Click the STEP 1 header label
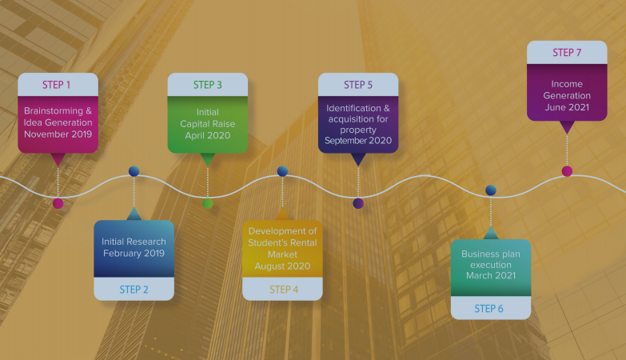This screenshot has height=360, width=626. pyautogui.click(x=56, y=85)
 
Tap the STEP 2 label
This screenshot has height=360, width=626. pyautogui.click(x=134, y=290)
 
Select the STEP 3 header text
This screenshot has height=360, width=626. pyautogui.click(x=208, y=85)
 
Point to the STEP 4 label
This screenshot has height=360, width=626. pyautogui.click(x=284, y=290)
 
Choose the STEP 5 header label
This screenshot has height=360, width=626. pyautogui.click(x=358, y=85)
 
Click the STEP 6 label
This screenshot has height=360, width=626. pyautogui.click(x=488, y=309)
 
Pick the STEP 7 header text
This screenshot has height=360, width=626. pyautogui.click(x=567, y=52)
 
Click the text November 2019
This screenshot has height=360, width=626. pyautogui.click(x=58, y=134)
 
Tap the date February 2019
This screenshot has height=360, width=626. pyautogui.click(x=134, y=254)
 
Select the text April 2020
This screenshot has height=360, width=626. pyautogui.click(x=208, y=135)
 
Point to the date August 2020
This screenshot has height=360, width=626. pyautogui.click(x=283, y=266)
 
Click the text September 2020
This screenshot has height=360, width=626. pyautogui.click(x=358, y=141)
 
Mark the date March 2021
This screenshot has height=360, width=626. pyautogui.click(x=491, y=276)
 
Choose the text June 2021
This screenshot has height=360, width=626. pyautogui.click(x=567, y=107)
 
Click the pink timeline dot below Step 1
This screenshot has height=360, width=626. pyautogui.click(x=58, y=203)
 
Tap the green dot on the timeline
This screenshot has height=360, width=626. pyautogui.click(x=208, y=203)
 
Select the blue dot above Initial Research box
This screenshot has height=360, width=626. pyautogui.click(x=134, y=171)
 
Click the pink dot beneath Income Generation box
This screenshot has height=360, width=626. pyautogui.click(x=567, y=171)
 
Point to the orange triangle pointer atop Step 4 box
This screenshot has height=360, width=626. pyautogui.click(x=283, y=214)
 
